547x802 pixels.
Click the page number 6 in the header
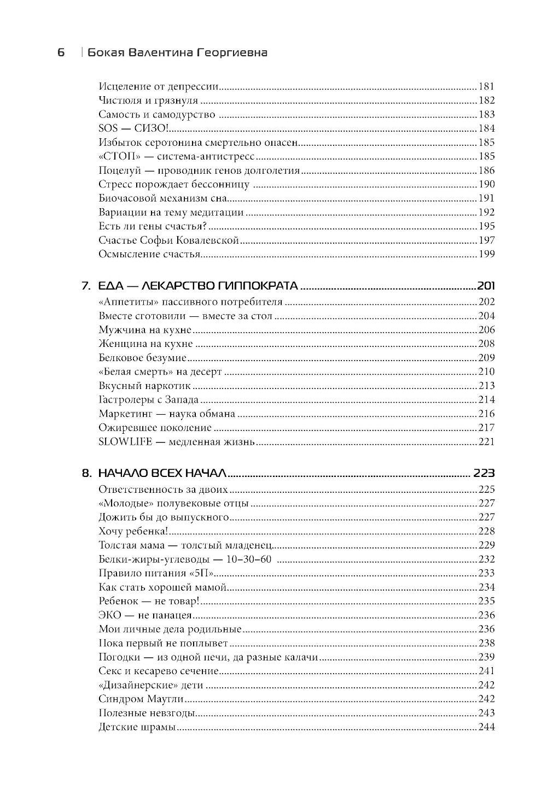click(61, 52)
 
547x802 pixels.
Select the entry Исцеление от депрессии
click(159, 86)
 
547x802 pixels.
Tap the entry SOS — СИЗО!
click(135, 128)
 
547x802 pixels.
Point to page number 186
click(486, 170)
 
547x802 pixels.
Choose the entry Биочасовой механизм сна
click(162, 198)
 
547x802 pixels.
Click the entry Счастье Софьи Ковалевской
click(169, 240)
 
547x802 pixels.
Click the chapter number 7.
click(85, 286)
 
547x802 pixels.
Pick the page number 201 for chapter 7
click(485, 286)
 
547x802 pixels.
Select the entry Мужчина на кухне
click(145, 330)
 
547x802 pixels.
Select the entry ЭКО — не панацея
click(145, 615)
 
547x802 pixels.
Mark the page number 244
click(486, 727)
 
